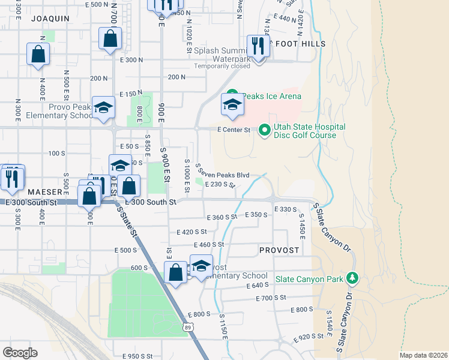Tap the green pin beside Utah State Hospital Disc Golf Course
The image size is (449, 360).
(x=264, y=130)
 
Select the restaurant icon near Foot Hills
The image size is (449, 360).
(x=259, y=45)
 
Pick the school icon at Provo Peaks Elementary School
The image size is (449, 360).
(x=104, y=108)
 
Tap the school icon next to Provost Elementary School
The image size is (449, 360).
(x=201, y=266)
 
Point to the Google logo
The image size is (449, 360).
(x=20, y=352)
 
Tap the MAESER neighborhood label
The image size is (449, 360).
(x=44, y=192)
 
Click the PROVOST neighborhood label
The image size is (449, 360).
(x=279, y=249)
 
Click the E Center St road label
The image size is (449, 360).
(x=233, y=129)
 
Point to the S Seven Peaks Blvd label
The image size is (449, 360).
(x=223, y=174)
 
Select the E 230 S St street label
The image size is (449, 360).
(x=219, y=185)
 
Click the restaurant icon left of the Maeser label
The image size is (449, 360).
(x=12, y=178)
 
